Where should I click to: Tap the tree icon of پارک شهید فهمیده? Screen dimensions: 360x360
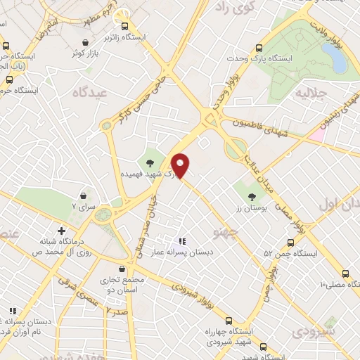[150, 163]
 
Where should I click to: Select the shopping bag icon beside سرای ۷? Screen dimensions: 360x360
[84, 195]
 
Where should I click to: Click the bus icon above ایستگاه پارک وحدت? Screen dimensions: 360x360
[259, 49]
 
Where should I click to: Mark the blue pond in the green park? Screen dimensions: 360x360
[338, 62]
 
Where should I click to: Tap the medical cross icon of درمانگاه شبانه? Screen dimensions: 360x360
[62, 230]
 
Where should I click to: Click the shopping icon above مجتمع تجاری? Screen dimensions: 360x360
[123, 269]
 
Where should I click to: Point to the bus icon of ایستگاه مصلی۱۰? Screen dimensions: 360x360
[345, 274]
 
